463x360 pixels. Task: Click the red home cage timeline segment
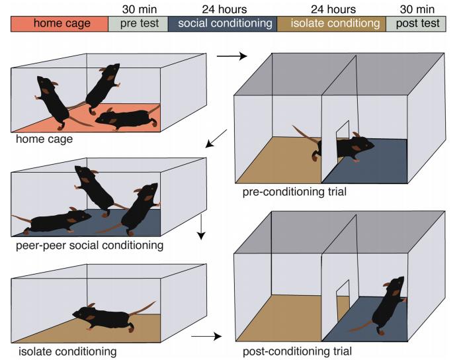tap(60, 24)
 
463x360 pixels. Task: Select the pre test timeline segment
tap(138, 24)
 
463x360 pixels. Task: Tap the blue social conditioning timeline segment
tap(222, 24)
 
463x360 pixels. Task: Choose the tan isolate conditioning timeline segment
tap(331, 24)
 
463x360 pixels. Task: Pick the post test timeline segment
tap(416, 24)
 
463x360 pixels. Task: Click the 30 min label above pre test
tap(140, 9)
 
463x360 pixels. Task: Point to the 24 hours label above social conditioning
tap(224, 9)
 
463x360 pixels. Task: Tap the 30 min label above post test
tap(417, 9)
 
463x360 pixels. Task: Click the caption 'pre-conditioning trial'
tap(294, 192)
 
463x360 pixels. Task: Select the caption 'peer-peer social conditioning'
tap(89, 246)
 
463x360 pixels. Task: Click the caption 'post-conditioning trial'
tap(297, 351)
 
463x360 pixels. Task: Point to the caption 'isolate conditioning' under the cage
tap(67, 351)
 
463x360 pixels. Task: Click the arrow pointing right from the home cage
tap(232, 56)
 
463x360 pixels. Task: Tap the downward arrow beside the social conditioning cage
tap(201, 227)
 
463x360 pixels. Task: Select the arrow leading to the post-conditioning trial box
tap(206, 336)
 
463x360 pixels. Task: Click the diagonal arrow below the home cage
tap(216, 138)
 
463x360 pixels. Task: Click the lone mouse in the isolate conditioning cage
tap(114, 316)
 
